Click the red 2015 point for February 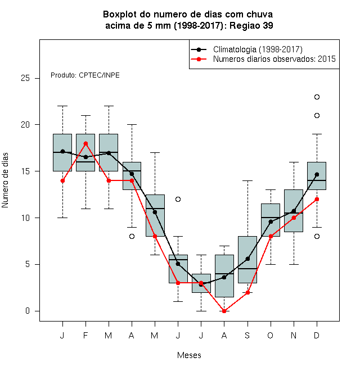pyautogui.click(x=85, y=143)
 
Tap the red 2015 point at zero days pyautogui.click(x=224, y=311)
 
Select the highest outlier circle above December pyautogui.click(x=317, y=97)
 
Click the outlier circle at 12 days pyautogui.click(x=178, y=199)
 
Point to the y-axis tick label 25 pyautogui.click(x=25, y=78)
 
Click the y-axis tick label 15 pyautogui.click(x=25, y=171)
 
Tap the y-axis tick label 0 pyautogui.click(x=28, y=311)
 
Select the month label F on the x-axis pyautogui.click(x=85, y=335)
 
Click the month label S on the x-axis pyautogui.click(x=247, y=335)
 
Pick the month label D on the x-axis pyautogui.click(x=317, y=335)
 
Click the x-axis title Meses pyautogui.click(x=189, y=355)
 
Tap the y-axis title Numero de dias pyautogui.click(x=5, y=180)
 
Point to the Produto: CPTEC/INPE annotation pyautogui.click(x=85, y=75)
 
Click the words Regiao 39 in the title pyautogui.click(x=251, y=25)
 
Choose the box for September pyautogui.click(x=247, y=260)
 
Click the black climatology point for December pyautogui.click(x=317, y=175)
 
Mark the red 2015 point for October pyautogui.click(x=271, y=236)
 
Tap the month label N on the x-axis pyautogui.click(x=294, y=335)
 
